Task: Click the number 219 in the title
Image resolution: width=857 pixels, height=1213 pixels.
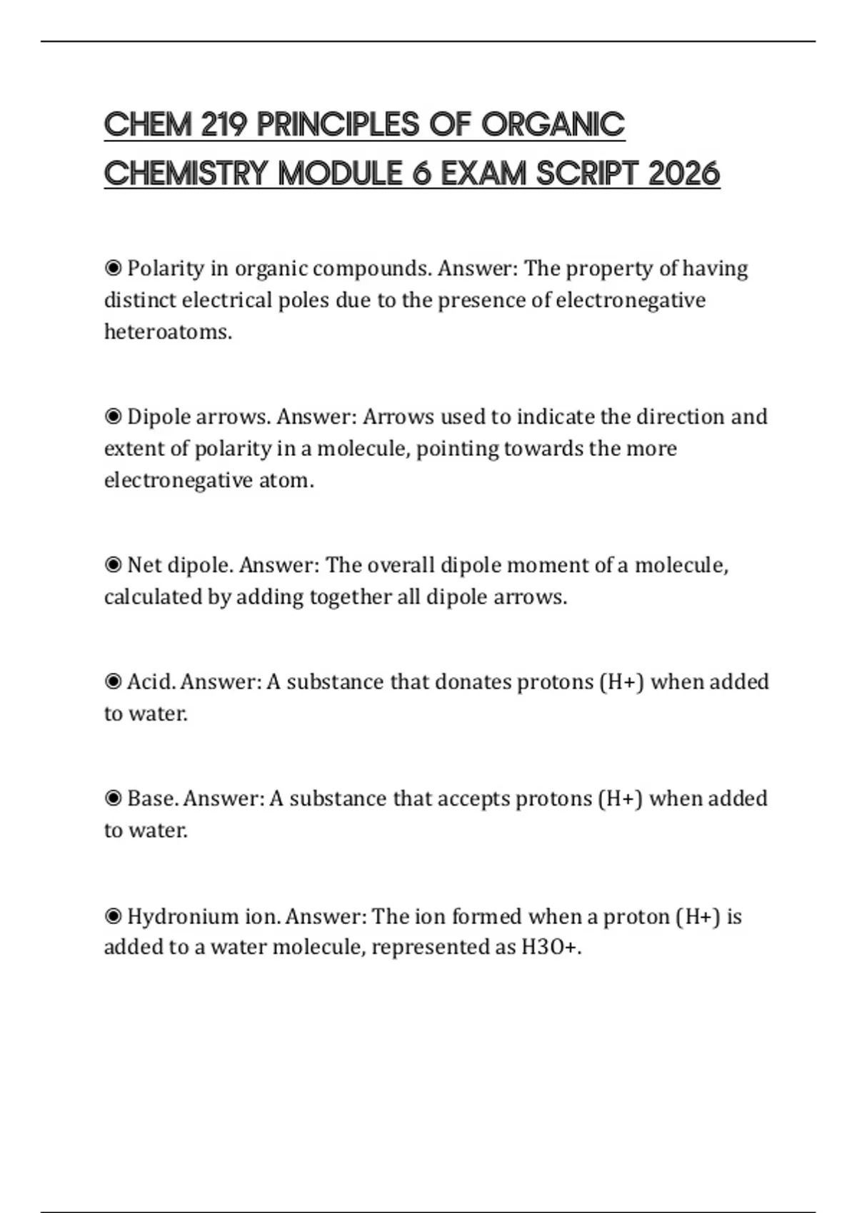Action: (224, 125)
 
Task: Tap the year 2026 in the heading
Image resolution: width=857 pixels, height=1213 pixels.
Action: (683, 173)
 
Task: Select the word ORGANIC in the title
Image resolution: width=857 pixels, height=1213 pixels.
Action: (553, 125)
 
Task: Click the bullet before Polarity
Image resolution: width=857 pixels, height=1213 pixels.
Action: (113, 268)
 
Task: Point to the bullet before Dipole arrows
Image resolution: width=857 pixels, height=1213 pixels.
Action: (113, 417)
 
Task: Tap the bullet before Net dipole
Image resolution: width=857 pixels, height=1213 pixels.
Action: (113, 565)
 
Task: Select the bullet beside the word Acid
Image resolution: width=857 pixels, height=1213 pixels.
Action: (113, 682)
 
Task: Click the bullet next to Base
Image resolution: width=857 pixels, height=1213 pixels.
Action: (113, 798)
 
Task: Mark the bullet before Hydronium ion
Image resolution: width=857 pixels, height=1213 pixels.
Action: (113, 916)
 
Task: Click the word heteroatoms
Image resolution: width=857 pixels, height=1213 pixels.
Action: (168, 332)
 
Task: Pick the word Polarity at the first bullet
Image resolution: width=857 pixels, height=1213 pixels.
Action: (166, 269)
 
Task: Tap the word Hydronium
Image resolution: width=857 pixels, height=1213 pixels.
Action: (183, 916)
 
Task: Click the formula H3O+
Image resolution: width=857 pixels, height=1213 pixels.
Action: (551, 948)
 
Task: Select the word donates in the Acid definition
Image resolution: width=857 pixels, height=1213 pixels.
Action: (472, 682)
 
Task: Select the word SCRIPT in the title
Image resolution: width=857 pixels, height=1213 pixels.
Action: (588, 173)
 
